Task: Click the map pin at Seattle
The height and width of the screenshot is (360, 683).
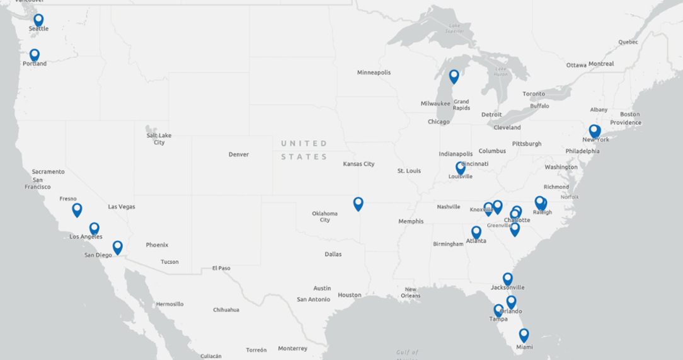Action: tap(38, 20)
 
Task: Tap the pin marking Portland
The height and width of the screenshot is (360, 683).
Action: tap(35, 55)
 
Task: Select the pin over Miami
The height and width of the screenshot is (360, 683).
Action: tap(524, 335)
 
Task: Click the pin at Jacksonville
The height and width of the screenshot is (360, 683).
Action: tap(507, 279)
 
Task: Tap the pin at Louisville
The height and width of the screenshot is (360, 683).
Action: tap(461, 168)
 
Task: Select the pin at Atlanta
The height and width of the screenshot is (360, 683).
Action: tap(476, 233)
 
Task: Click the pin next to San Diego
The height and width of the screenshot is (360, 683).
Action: tap(117, 247)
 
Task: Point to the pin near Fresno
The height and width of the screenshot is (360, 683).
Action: tap(77, 210)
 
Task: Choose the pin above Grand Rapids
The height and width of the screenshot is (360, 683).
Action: tap(454, 76)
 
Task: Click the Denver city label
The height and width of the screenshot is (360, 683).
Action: tap(239, 154)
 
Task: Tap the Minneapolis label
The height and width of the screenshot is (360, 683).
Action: tap(374, 73)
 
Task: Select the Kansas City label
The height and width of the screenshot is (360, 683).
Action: tap(359, 164)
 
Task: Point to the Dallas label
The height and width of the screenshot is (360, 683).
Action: tap(333, 254)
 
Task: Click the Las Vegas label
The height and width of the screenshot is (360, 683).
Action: tap(122, 207)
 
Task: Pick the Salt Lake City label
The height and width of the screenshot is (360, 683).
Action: tap(159, 139)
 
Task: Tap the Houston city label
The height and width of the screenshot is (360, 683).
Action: tap(349, 295)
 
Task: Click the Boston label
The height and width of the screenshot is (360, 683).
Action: tap(629, 114)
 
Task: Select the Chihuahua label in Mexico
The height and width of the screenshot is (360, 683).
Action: tap(226, 310)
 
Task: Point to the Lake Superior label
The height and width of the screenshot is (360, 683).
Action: tap(455, 28)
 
